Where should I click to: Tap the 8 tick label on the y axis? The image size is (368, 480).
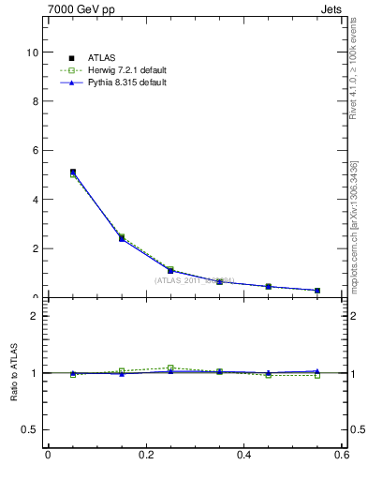35,101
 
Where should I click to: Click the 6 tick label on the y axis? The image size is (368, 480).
35,150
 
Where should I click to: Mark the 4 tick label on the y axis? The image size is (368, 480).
35,200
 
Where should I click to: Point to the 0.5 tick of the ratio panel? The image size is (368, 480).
31,429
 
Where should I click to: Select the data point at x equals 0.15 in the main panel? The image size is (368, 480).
122,238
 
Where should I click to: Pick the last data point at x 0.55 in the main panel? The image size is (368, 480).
317,291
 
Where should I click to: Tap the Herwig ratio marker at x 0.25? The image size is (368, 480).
170,367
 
